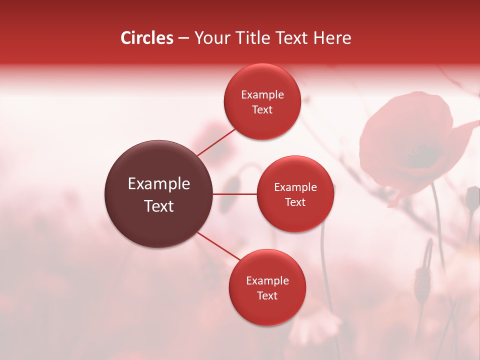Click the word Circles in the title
point(147,38)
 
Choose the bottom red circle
point(267,310)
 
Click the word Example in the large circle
point(159,184)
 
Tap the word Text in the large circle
point(159,206)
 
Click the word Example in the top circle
point(262,95)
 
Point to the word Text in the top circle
point(262,110)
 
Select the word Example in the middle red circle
point(295,187)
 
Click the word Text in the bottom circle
point(267,296)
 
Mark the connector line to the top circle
point(216,142)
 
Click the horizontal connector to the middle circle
point(235,194)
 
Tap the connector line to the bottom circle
point(219,246)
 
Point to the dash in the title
point(183,38)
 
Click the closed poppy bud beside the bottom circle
point(422,280)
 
